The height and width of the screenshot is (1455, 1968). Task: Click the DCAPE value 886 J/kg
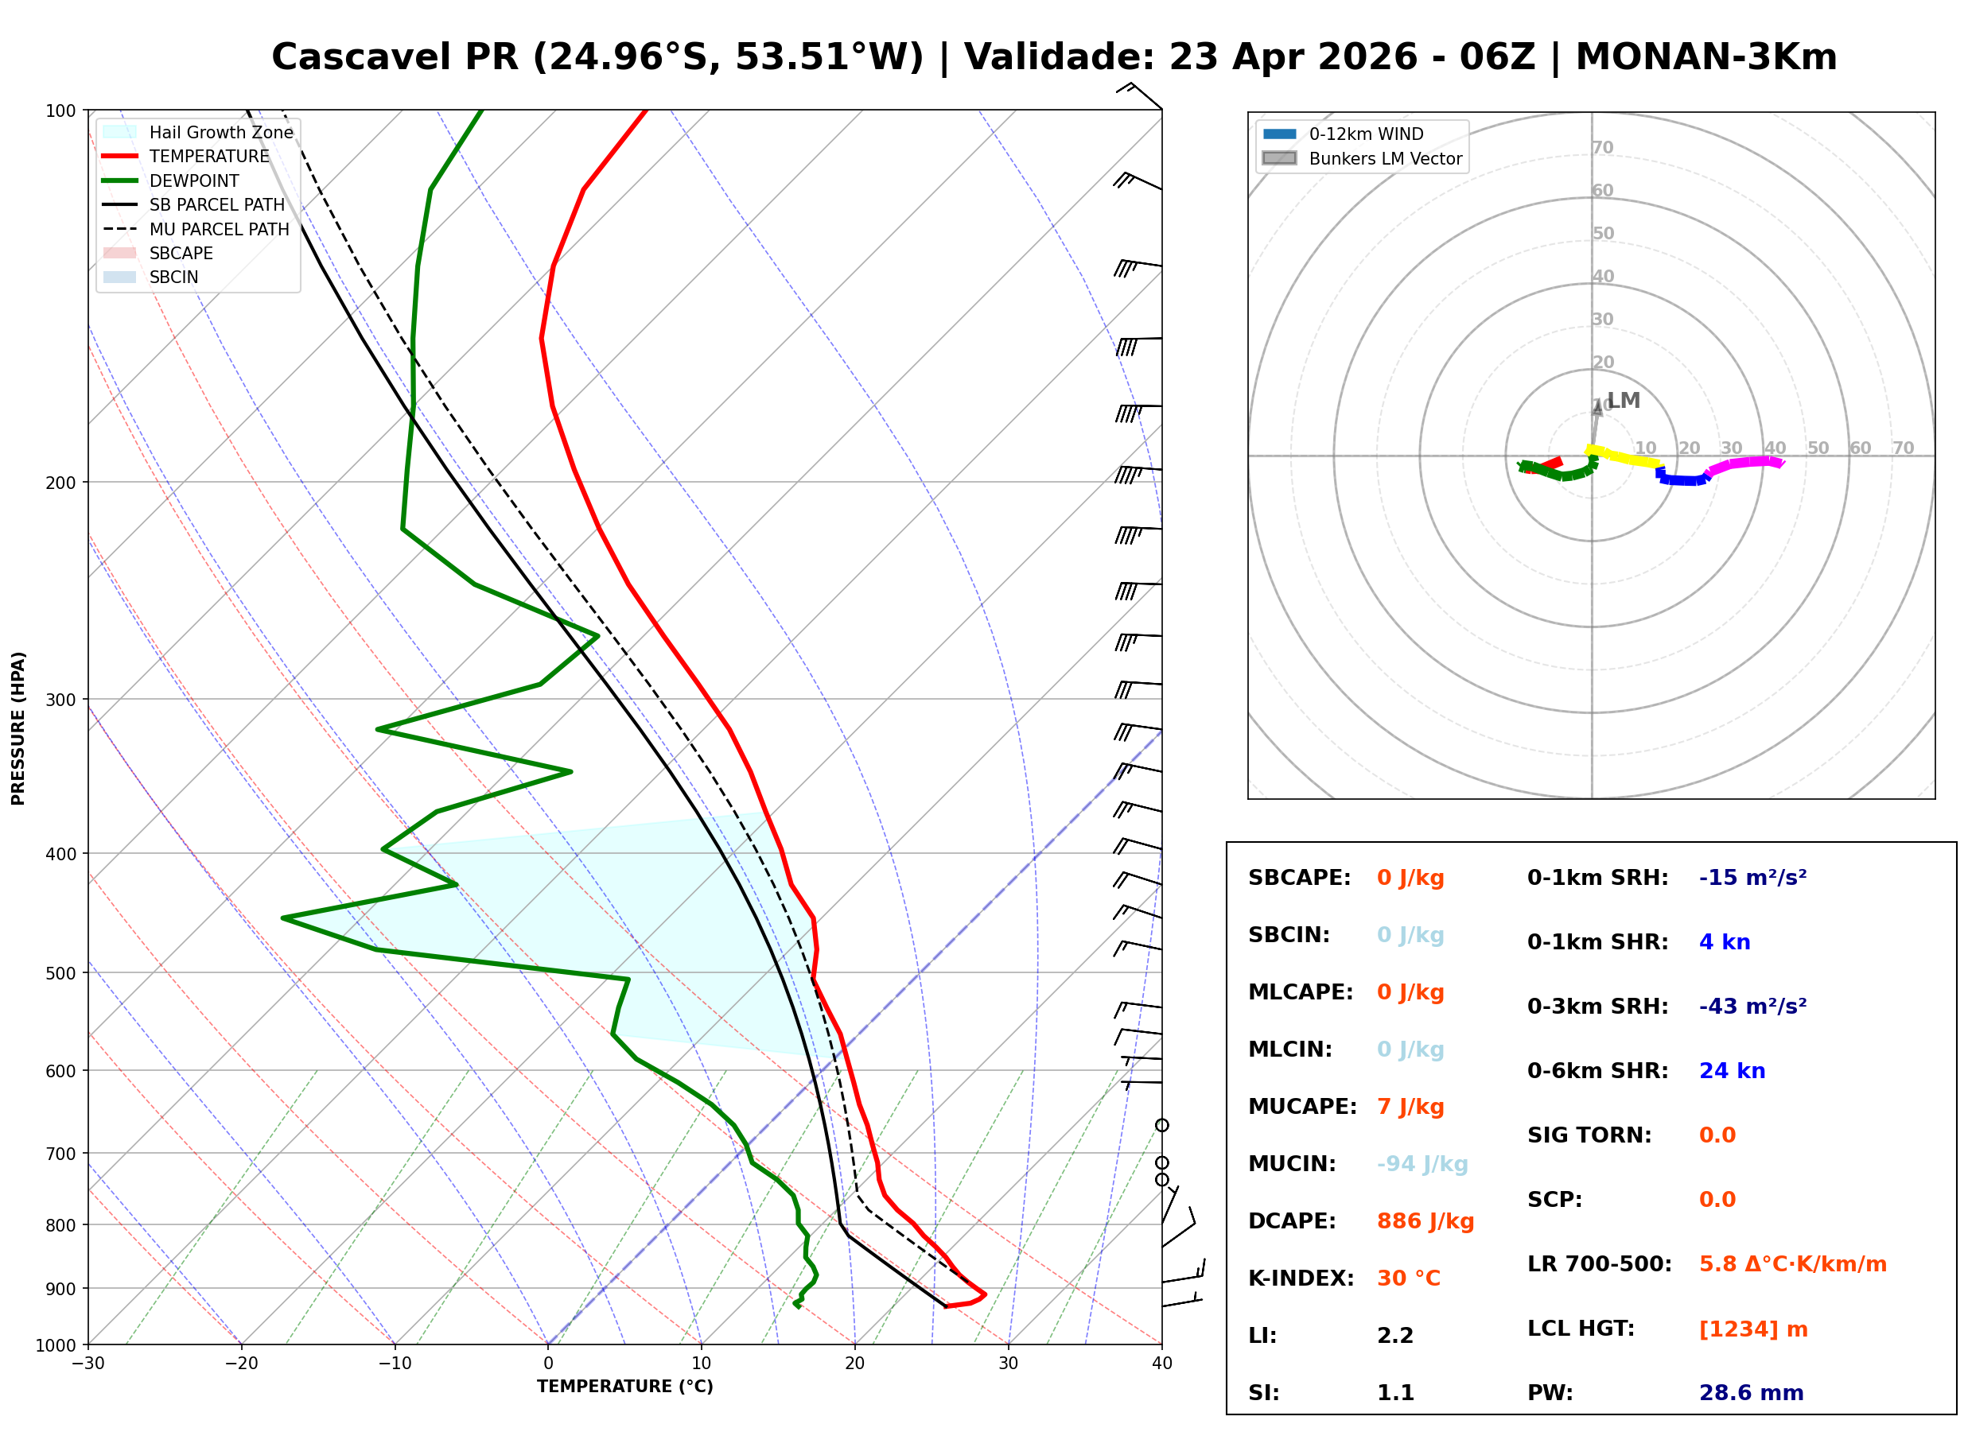1425,1220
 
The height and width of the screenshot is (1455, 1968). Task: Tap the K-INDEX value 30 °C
1408,1278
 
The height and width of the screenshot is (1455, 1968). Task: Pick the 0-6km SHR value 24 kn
1731,1070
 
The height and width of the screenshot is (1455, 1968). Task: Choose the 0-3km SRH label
1597,1006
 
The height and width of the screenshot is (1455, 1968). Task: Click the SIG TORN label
1589,1135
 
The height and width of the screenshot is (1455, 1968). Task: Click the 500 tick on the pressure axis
60,973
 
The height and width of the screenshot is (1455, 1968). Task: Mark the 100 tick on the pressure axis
60,110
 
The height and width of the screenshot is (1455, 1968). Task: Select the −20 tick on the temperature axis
240,1364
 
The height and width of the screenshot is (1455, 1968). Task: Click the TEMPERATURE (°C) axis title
624,1387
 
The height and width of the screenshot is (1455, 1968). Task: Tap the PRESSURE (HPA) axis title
18,727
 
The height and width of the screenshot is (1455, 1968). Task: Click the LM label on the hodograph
1623,401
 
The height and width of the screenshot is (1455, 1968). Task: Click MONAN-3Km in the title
1705,57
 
